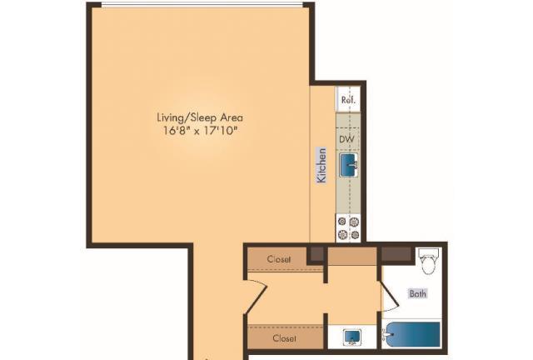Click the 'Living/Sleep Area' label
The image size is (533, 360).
[x=200, y=117]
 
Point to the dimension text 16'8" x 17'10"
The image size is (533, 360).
[x=200, y=130]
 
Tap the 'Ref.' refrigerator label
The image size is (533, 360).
[x=348, y=100]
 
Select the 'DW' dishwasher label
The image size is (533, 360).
[x=346, y=139]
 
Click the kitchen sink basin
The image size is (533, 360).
[x=348, y=165]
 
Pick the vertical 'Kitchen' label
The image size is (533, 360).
[x=321, y=165]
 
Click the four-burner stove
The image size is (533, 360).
[x=348, y=228]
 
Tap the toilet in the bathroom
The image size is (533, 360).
[x=428, y=261]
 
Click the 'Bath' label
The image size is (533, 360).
[x=418, y=293]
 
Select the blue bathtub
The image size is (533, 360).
[x=412, y=334]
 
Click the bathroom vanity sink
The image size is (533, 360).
[x=352, y=337]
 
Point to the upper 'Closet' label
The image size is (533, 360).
[x=279, y=259]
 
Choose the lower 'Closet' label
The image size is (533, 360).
[x=284, y=338]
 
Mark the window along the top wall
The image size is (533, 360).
[x=202, y=4]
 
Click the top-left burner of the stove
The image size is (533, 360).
[x=342, y=222]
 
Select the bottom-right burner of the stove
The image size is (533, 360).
[x=356, y=234]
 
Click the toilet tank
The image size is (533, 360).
[x=428, y=252]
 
